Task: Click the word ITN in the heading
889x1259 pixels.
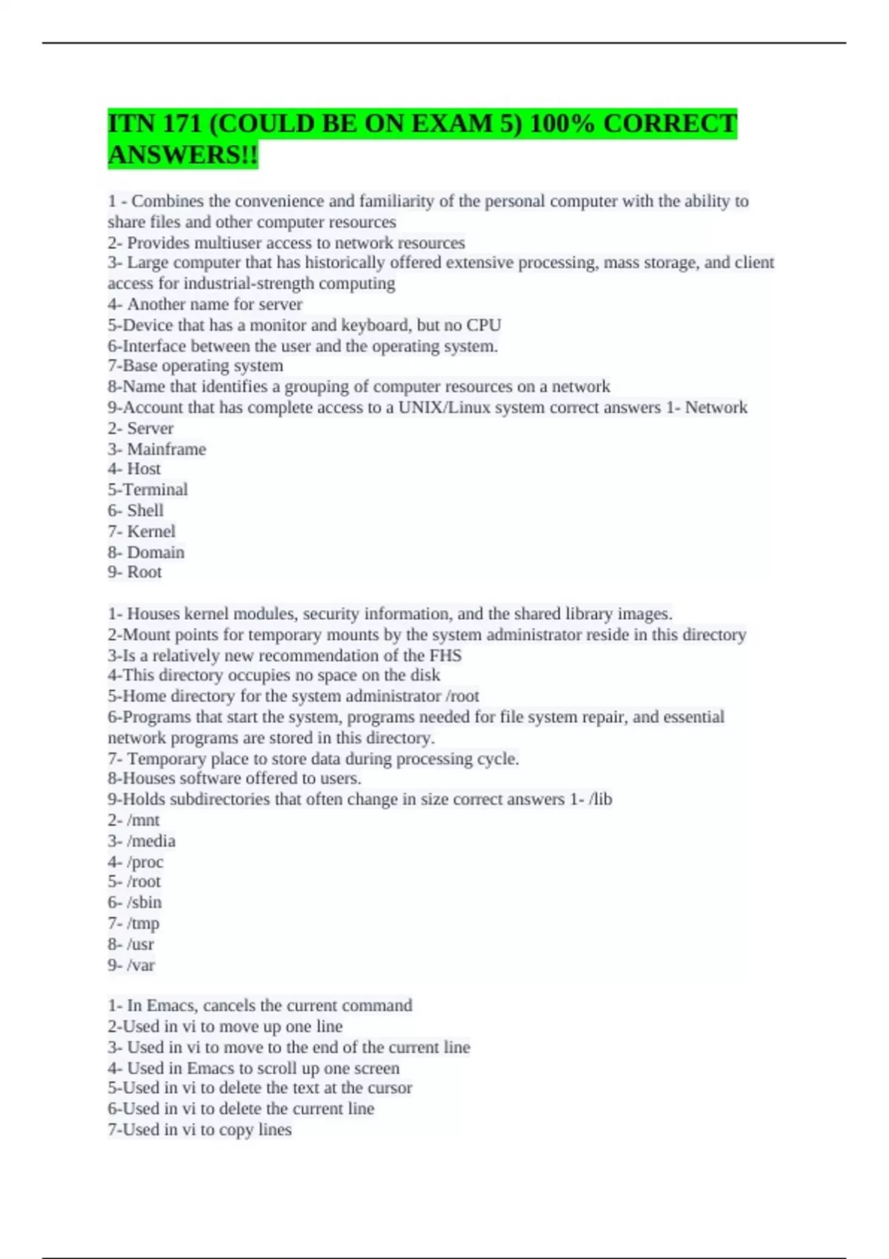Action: click(130, 123)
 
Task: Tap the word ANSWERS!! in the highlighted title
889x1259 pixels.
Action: click(183, 155)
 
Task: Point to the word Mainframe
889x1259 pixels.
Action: click(167, 449)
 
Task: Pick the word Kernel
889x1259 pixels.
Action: click(151, 531)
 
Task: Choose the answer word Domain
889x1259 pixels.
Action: click(156, 552)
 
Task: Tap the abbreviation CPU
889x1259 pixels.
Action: click(484, 324)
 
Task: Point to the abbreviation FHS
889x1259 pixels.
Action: click(444, 655)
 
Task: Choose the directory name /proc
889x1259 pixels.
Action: click(145, 861)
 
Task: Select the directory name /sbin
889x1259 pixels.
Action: click(144, 902)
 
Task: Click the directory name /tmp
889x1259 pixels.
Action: click(143, 923)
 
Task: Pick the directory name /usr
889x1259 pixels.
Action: click(141, 944)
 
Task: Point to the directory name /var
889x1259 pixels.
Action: click(141, 964)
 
